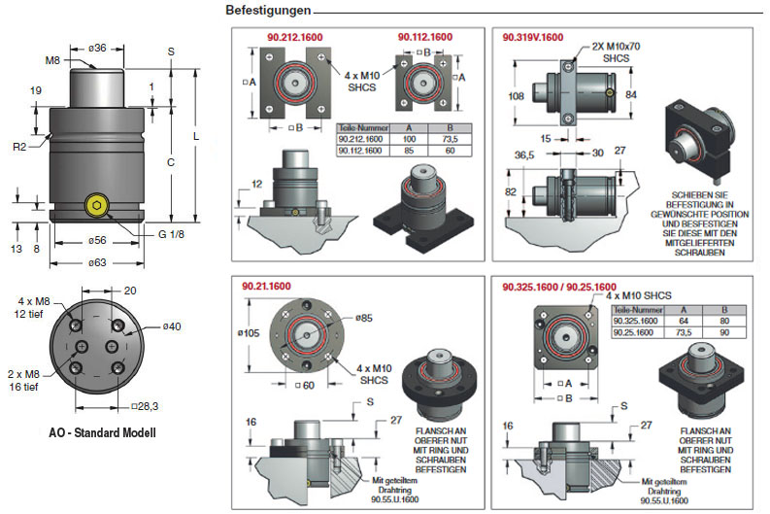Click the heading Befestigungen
268,11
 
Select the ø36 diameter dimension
96,48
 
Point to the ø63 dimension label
97,263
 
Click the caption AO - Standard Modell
103,431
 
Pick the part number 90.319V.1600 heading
532,37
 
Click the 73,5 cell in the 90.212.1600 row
449,140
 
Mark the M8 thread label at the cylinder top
52,60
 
